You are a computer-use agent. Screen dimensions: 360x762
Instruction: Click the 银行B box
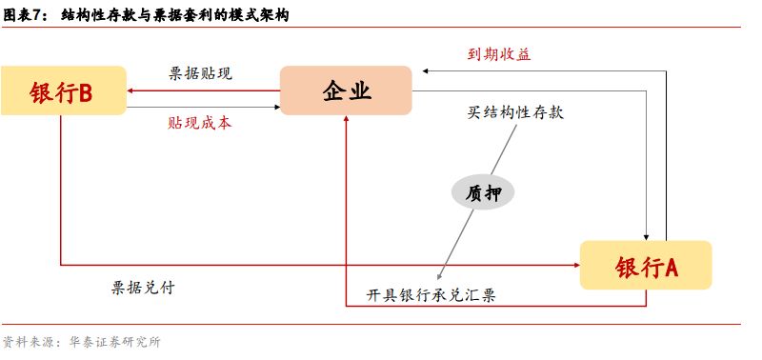tap(63, 91)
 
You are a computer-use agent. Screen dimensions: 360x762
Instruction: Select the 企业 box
tap(345, 91)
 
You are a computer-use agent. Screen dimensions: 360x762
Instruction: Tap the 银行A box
tap(646, 266)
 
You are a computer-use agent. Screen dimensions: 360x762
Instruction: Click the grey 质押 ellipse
tap(482, 192)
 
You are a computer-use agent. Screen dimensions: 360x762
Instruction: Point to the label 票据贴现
tap(200, 73)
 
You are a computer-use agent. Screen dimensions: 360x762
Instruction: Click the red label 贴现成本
tap(199, 123)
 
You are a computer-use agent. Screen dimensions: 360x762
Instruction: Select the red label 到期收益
tap(498, 54)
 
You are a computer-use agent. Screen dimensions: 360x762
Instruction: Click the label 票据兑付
tap(143, 287)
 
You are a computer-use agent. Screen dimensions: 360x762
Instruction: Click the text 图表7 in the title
tap(26, 14)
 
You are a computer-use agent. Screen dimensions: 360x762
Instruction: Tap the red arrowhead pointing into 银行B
tap(132, 91)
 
